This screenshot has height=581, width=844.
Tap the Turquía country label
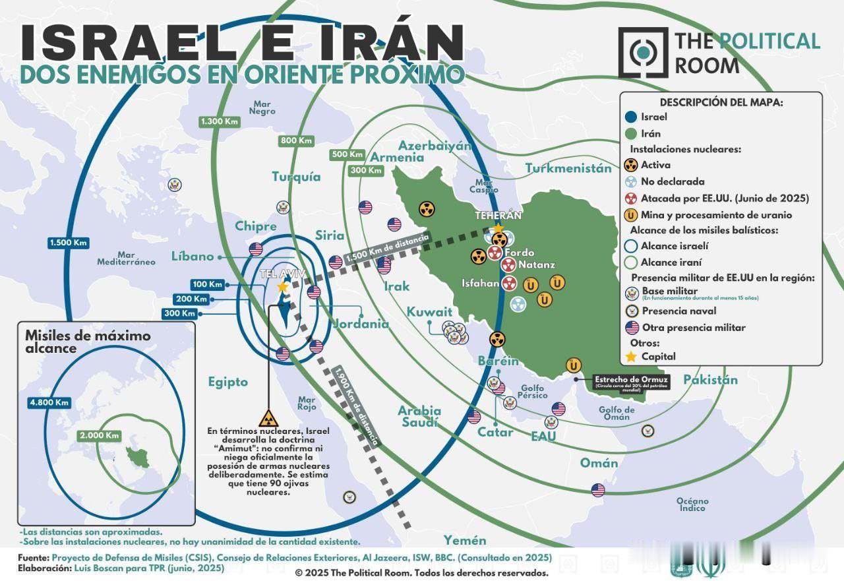click(x=297, y=177)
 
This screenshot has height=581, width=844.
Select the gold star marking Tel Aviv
click(x=283, y=287)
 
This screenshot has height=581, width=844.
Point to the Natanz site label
click(x=536, y=264)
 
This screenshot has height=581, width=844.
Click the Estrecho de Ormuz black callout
click(x=632, y=382)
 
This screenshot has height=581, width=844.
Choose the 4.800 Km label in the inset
click(x=49, y=402)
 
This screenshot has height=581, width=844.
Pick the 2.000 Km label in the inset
click(x=99, y=435)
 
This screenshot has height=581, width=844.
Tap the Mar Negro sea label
click(x=262, y=107)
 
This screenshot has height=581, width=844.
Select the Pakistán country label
click(x=710, y=380)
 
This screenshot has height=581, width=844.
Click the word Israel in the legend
click(x=654, y=117)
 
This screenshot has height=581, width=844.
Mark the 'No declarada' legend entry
click(x=663, y=181)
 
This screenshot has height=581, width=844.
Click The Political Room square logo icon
click(x=642, y=52)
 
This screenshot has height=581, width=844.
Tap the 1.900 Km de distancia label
click(x=357, y=406)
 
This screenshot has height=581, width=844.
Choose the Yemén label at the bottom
click(x=464, y=540)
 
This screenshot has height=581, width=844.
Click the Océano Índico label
click(x=692, y=505)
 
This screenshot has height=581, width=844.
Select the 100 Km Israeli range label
click(x=207, y=284)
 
